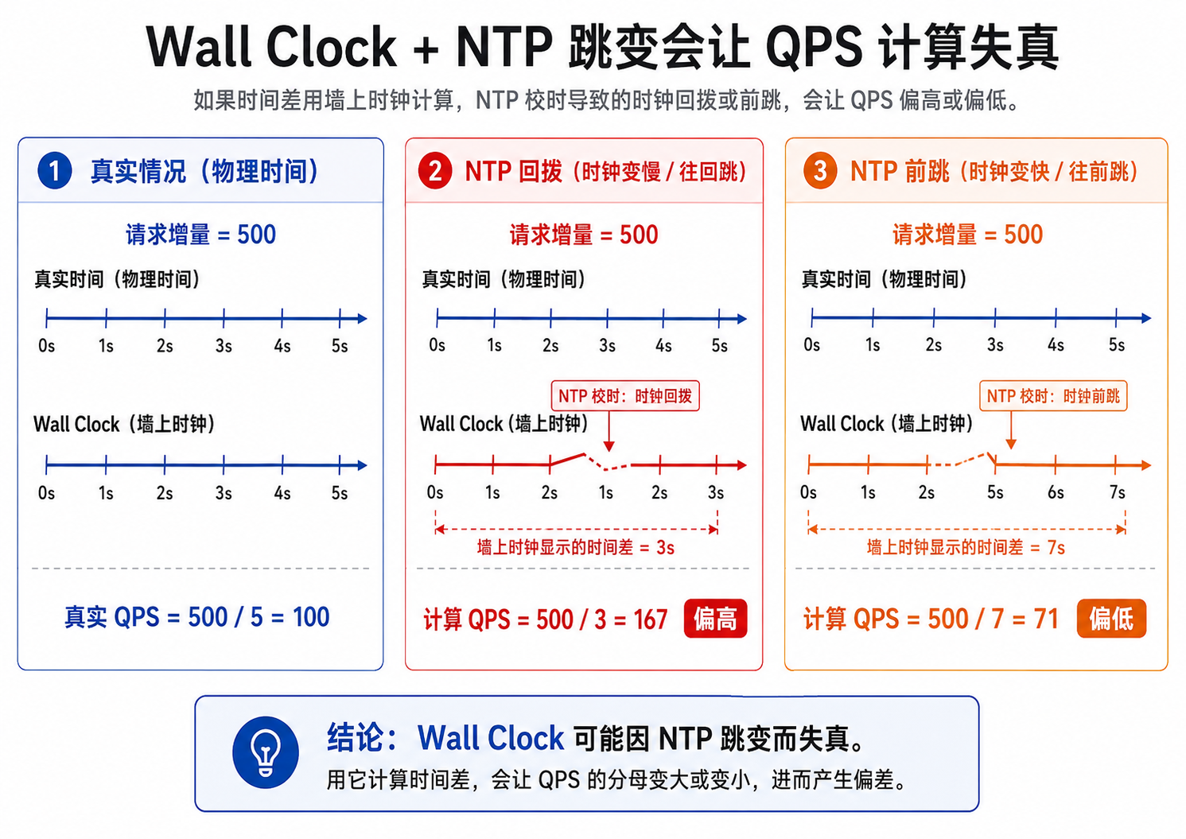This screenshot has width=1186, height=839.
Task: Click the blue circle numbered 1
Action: pyautogui.click(x=55, y=170)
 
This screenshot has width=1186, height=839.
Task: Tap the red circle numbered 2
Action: pyautogui.click(x=434, y=170)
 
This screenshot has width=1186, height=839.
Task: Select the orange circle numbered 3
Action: pyautogui.click(x=819, y=170)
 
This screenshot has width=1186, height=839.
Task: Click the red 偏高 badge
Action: pyautogui.click(x=715, y=618)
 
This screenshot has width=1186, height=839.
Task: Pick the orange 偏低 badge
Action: pyautogui.click(x=1111, y=618)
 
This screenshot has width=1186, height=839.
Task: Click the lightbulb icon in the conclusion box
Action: pyautogui.click(x=265, y=752)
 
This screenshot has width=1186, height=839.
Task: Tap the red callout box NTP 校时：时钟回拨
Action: pyautogui.click(x=625, y=396)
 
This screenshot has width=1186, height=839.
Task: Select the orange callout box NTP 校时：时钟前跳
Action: pyautogui.click(x=1053, y=396)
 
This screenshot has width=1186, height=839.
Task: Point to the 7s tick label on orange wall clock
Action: pyautogui.click(x=1117, y=492)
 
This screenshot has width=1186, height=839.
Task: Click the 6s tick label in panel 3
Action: pyautogui.click(x=1056, y=492)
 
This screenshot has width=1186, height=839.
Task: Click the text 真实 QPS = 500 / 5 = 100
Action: pyautogui.click(x=197, y=617)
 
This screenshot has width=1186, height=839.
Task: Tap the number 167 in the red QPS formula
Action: pyautogui.click(x=650, y=620)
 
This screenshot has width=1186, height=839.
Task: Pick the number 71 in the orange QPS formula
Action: pyautogui.click(x=1046, y=618)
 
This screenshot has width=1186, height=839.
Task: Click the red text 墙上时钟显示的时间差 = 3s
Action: pyautogui.click(x=576, y=547)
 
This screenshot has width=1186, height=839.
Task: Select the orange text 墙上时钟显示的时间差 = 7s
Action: pyautogui.click(x=966, y=547)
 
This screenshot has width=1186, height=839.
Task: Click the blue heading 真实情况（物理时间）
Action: pyautogui.click(x=204, y=172)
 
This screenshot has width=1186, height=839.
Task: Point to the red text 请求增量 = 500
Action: pyautogui.click(x=584, y=235)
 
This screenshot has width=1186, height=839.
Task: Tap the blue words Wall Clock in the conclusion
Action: pyautogui.click(x=491, y=738)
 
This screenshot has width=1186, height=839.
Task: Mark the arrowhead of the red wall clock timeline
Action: pyautogui.click(x=742, y=465)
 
